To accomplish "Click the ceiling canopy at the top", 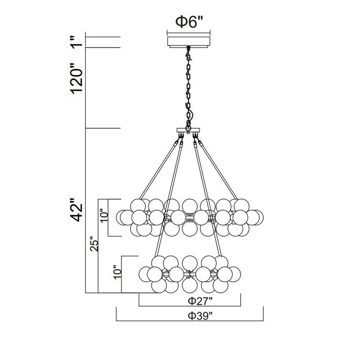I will point(189,42).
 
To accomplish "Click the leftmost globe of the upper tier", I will point(123,217).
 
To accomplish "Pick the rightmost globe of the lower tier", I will point(234,273).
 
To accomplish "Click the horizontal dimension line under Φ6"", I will point(189,32).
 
